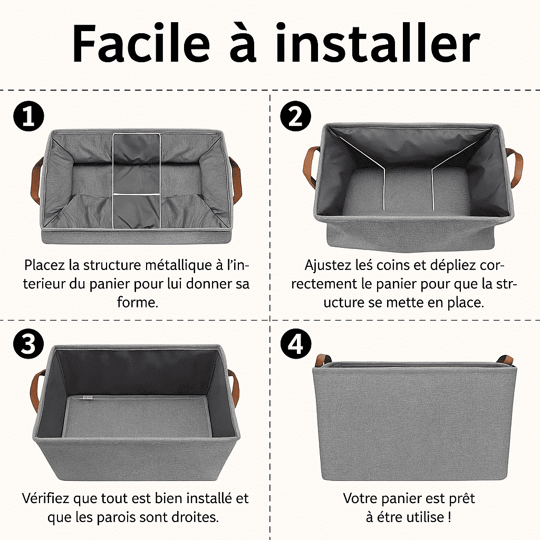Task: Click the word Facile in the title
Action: (141, 44)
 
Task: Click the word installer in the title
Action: (377, 43)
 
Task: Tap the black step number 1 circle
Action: (28, 116)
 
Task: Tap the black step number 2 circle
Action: (295, 116)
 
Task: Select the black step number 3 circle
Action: (28, 343)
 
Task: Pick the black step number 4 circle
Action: (295, 343)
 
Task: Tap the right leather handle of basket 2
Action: (516, 168)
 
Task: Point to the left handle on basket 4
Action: (323, 360)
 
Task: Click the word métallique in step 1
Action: (180, 265)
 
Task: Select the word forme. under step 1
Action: (138, 302)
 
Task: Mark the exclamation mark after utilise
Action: (449, 517)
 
